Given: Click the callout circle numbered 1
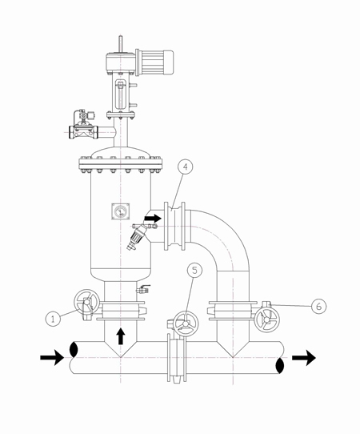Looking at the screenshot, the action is pyautogui.click(x=53, y=319).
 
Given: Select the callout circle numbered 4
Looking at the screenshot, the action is pyautogui.click(x=186, y=167).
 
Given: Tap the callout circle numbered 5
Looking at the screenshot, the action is pyautogui.click(x=194, y=271).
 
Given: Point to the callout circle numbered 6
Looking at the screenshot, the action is pyautogui.click(x=318, y=307).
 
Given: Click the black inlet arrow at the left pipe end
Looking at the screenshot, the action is pyautogui.click(x=52, y=357).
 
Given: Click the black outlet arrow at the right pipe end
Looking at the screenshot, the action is pyautogui.click(x=304, y=357).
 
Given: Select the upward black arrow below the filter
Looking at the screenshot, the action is pyautogui.click(x=121, y=336).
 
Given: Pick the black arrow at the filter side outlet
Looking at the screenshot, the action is pyautogui.click(x=153, y=219).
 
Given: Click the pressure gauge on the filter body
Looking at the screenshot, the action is pyautogui.click(x=121, y=211).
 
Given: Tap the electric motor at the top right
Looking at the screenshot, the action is pyautogui.click(x=154, y=62).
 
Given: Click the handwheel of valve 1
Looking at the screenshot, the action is pyautogui.click(x=86, y=302).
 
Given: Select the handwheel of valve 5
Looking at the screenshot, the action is pyautogui.click(x=186, y=323).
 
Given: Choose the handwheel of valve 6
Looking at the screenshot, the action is pyautogui.click(x=267, y=320).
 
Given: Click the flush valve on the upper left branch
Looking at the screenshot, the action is pyautogui.click(x=83, y=125).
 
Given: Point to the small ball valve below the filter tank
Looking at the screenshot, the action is pyautogui.click(x=143, y=289).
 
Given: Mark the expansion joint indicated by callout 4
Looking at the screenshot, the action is pyautogui.click(x=174, y=226).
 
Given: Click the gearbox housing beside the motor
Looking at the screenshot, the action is pyautogui.click(x=120, y=63).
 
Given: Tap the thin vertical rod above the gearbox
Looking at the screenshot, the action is pyautogui.click(x=120, y=44).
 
